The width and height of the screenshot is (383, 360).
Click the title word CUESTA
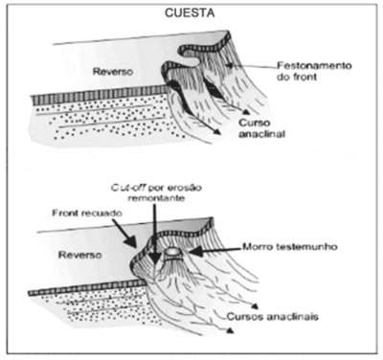[x=190, y=13]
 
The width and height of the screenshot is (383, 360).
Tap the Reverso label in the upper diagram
[x=113, y=72]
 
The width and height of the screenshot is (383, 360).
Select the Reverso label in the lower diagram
[x=80, y=255]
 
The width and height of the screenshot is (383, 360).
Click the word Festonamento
[x=314, y=66]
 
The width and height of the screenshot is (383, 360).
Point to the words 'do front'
[x=297, y=77]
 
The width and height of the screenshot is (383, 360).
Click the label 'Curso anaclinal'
[x=261, y=128]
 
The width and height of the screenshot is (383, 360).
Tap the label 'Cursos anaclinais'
[x=273, y=317]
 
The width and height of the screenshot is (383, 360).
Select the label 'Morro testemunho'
[x=290, y=247]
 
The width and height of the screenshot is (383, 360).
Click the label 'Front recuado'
[x=87, y=213]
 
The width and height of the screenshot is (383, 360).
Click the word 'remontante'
[x=156, y=198]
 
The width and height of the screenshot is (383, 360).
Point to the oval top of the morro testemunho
[x=172, y=252]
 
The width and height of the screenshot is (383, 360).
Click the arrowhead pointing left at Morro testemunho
[x=193, y=251]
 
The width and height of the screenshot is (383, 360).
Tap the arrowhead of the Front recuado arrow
[x=131, y=241]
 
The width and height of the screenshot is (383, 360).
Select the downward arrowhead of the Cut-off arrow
[x=155, y=259]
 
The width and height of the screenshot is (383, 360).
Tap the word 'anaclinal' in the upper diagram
[x=261, y=134]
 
